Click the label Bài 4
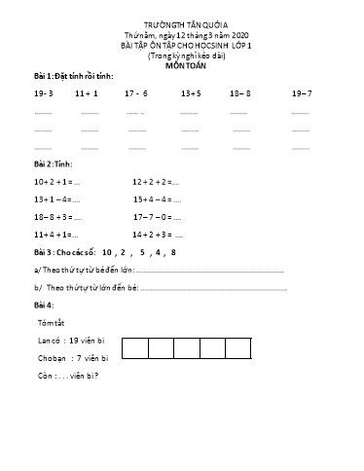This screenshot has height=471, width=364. pos(44,305)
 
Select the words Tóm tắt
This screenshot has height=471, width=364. pos(50,322)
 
